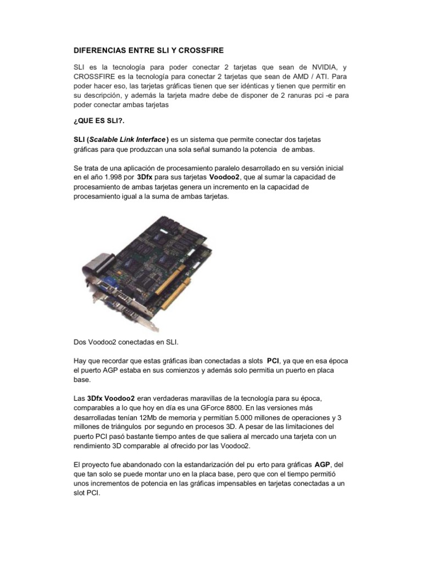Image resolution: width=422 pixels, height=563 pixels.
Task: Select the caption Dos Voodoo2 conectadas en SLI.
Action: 126,341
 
